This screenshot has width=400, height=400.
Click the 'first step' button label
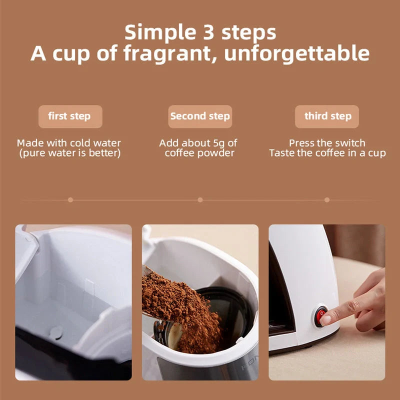(x=69, y=116)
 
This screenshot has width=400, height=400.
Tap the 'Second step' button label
(x=200, y=116)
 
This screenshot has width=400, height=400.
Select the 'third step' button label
(x=327, y=116)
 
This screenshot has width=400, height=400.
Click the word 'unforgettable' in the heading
(x=297, y=53)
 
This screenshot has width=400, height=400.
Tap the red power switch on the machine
(x=320, y=315)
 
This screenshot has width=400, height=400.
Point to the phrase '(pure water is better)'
(x=69, y=153)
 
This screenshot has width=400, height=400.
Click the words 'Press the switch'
(x=327, y=143)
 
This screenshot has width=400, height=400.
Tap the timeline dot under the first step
(x=70, y=199)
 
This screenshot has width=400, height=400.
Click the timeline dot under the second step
(x=200, y=199)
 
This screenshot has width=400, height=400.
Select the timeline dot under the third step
(x=327, y=199)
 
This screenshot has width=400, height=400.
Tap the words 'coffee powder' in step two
(x=200, y=153)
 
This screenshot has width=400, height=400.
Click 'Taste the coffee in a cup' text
(x=327, y=153)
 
